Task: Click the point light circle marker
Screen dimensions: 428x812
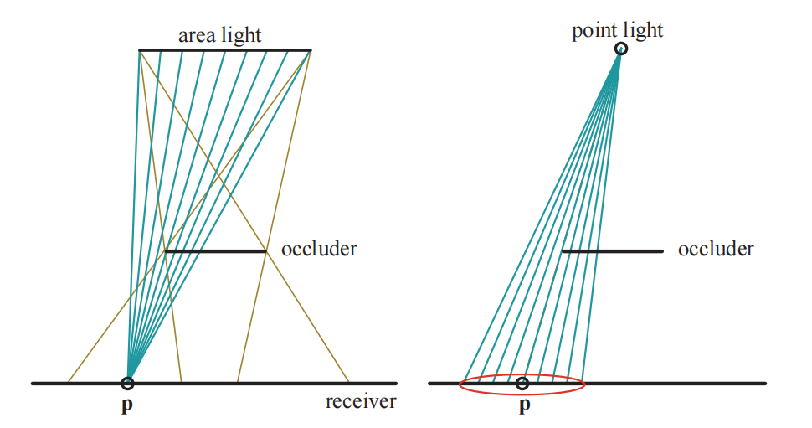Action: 620,49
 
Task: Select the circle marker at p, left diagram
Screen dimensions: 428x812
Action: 127,384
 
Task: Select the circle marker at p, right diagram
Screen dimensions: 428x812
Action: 522,384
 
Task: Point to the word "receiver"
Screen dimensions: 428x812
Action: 361,402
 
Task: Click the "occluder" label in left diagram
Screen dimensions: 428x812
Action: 319,249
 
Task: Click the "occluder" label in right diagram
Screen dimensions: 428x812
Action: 716,249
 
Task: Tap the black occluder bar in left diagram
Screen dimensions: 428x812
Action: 215,250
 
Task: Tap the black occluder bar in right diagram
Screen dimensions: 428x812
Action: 612,250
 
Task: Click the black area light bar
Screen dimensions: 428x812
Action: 224,50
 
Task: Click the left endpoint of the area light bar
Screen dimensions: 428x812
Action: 140,50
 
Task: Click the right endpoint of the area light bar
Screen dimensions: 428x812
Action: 311,50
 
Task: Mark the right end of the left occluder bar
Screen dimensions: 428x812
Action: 265,250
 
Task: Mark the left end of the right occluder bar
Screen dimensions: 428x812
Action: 563,250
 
